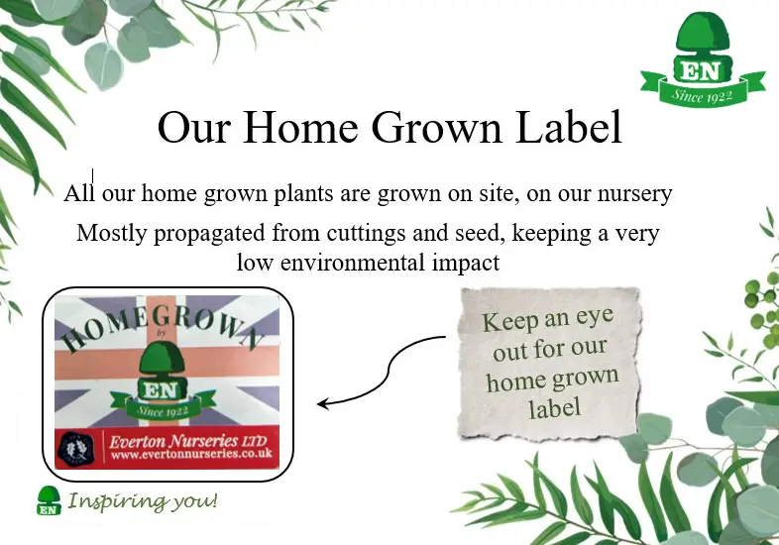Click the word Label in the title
[x=568, y=127]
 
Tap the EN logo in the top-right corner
[x=703, y=58]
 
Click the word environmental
[x=352, y=263]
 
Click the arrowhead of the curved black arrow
[x=323, y=403]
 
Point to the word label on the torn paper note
[x=554, y=408]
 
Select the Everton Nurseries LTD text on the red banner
[x=187, y=441]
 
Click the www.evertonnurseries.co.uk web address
[x=191, y=454]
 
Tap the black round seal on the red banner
[x=75, y=449]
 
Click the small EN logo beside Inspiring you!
[x=49, y=500]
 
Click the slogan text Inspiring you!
[x=143, y=500]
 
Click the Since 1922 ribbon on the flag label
[x=163, y=405]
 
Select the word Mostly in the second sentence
[x=111, y=233]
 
